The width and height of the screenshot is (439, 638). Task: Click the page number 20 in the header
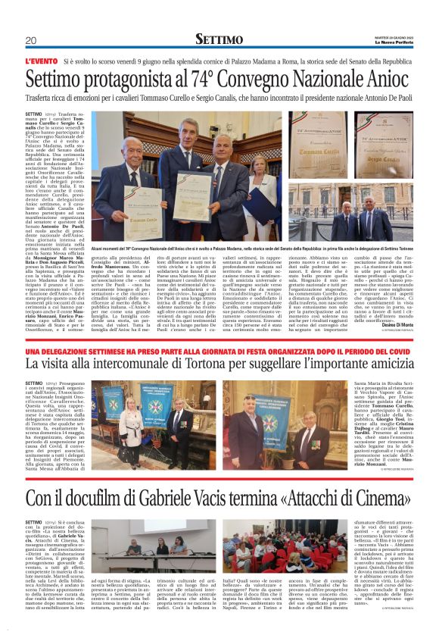click(30, 40)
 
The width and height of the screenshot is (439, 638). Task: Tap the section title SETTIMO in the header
click(219, 39)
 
